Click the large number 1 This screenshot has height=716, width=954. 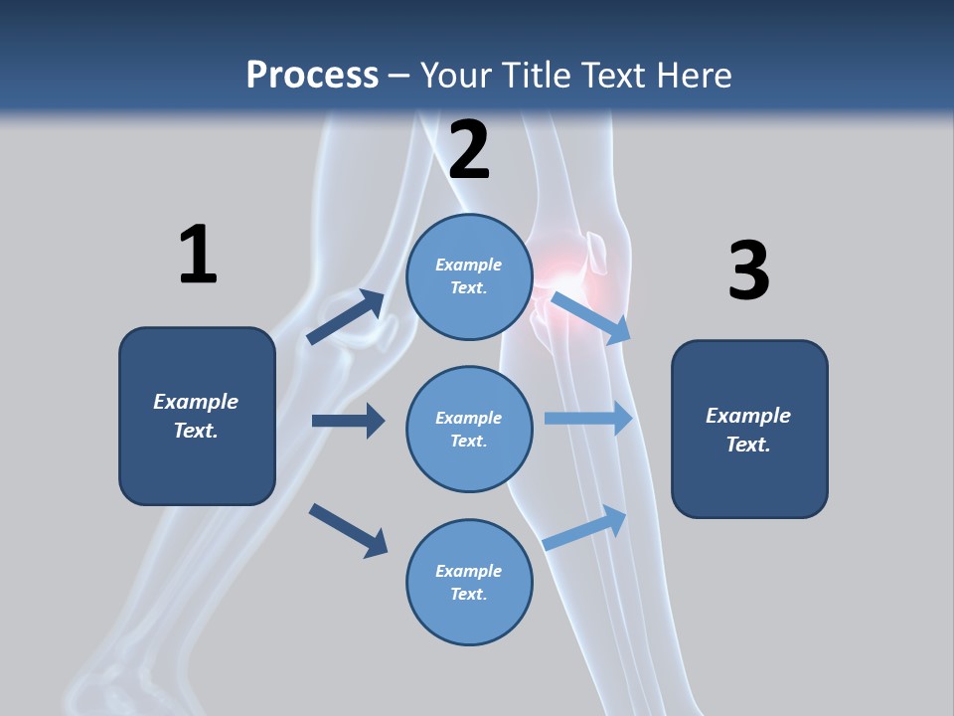click(x=198, y=255)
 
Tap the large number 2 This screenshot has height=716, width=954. click(x=469, y=149)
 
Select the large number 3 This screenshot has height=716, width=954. click(x=748, y=270)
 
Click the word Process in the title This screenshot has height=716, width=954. click(x=312, y=75)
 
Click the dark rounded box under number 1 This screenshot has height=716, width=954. click(x=197, y=416)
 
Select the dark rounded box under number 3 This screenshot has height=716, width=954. click(x=749, y=430)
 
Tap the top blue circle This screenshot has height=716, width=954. click(x=469, y=276)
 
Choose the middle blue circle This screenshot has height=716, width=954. click(x=469, y=429)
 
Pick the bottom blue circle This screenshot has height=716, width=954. click(x=469, y=582)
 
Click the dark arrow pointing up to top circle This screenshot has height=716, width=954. click(x=346, y=317)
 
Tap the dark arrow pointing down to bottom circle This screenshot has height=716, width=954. click(x=348, y=529)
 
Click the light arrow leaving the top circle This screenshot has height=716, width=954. click(x=591, y=317)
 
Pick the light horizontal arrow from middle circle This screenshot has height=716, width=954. click(x=588, y=419)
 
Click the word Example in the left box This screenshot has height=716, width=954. click(x=196, y=402)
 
